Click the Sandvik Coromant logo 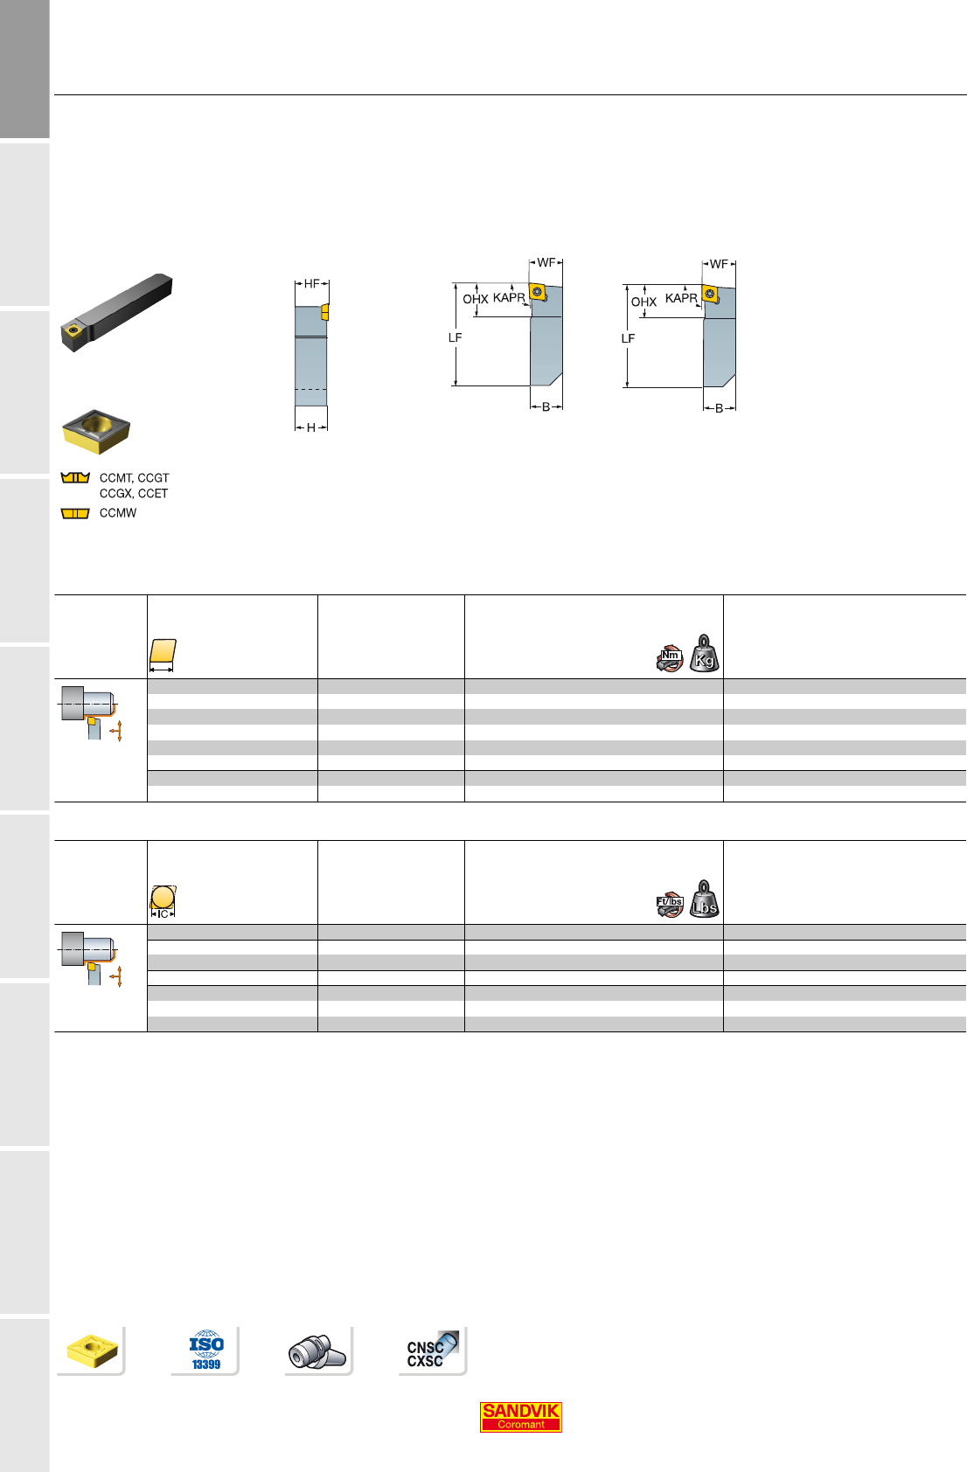click(x=520, y=1416)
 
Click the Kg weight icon click(x=704, y=653)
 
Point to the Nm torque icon click(x=670, y=658)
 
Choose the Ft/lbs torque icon click(x=670, y=904)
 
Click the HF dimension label click(x=311, y=284)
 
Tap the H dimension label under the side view click(x=311, y=427)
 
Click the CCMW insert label click(x=118, y=513)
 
